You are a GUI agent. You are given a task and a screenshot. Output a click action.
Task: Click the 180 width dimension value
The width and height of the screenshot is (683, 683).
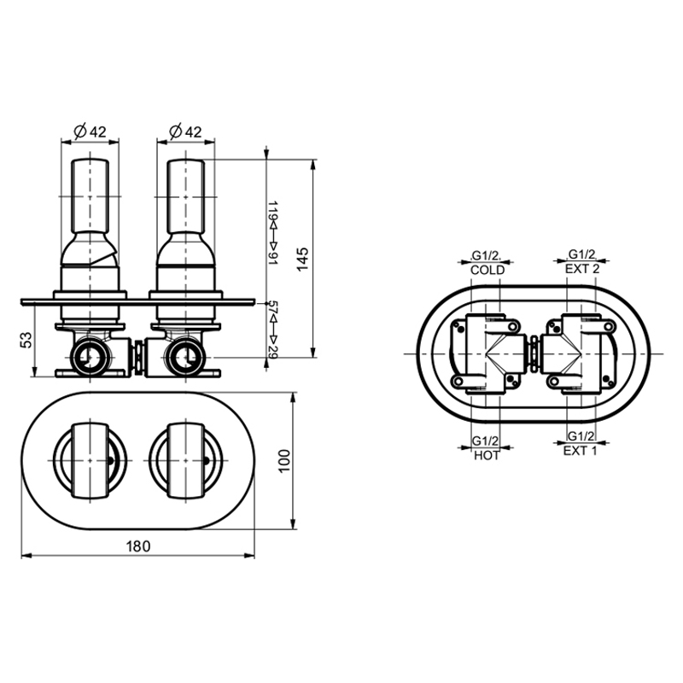[x=138, y=546]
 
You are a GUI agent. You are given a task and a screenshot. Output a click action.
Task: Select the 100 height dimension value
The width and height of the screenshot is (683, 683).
[x=284, y=461]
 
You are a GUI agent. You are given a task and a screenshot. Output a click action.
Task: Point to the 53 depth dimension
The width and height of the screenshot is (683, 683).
[x=26, y=340]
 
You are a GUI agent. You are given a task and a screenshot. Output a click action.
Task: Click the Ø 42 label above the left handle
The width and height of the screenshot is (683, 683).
[x=90, y=131]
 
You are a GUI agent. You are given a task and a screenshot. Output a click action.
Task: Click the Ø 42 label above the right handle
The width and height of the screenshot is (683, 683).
[x=185, y=131]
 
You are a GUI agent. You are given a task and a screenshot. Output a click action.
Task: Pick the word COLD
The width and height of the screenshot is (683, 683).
[x=487, y=270]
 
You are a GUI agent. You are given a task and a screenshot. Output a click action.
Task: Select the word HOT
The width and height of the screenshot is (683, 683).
[x=487, y=456]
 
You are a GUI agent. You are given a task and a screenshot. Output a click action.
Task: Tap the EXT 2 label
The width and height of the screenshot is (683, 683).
[x=582, y=269]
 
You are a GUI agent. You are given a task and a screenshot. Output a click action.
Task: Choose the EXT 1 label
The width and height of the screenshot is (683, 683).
[x=581, y=451]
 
